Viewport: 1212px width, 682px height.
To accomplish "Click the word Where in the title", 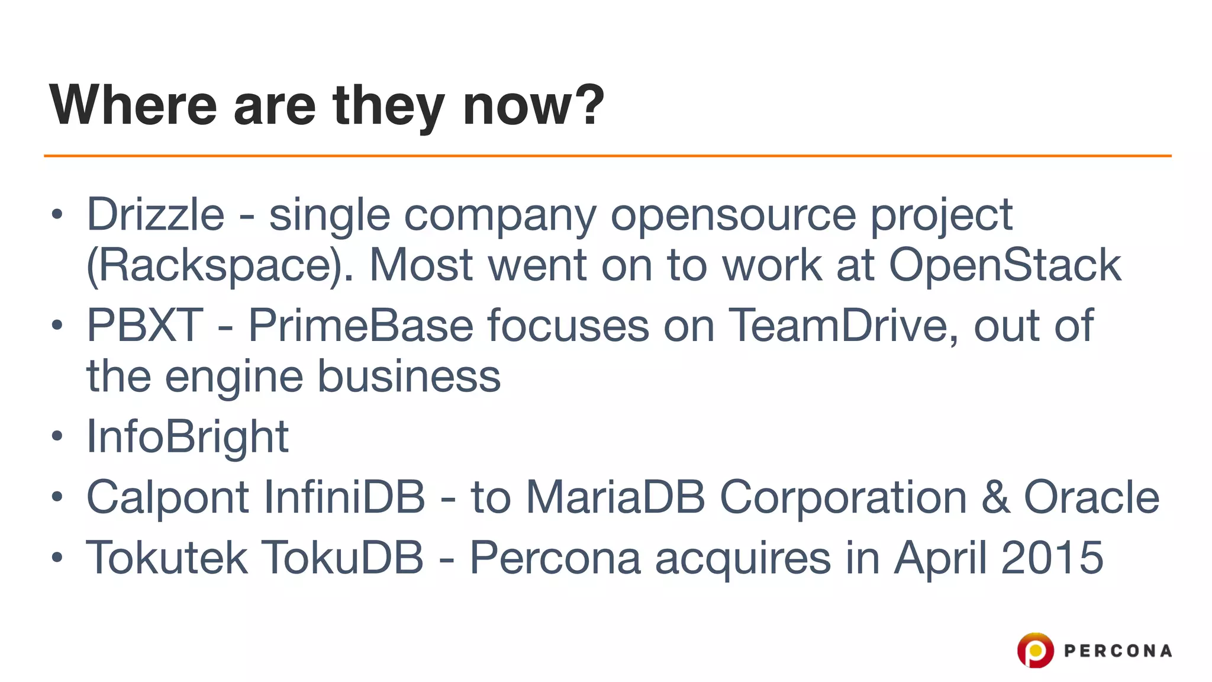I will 133,105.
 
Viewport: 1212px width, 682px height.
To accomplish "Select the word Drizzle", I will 156,214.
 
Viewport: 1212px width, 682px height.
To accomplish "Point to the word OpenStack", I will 1004,265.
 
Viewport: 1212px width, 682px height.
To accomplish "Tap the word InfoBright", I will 188,437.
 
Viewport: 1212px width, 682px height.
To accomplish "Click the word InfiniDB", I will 344,497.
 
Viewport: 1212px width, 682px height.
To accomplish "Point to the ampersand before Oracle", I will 996,497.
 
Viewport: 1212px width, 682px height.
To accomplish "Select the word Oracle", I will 1091,497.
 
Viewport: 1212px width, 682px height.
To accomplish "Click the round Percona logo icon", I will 1035,650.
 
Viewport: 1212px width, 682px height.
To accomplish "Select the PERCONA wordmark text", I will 1117,651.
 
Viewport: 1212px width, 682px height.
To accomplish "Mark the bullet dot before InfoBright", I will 57,437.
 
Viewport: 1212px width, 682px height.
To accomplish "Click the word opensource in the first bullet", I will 733,214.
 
